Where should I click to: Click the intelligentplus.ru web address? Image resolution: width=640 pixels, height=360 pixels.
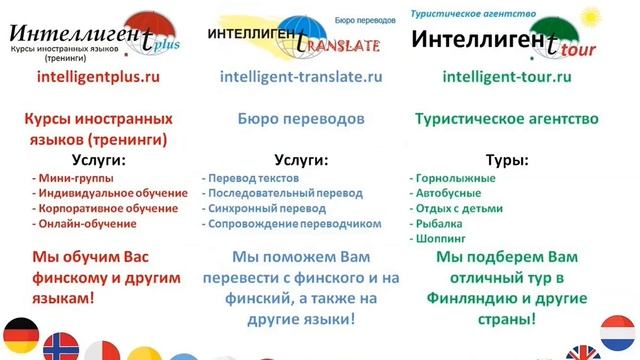(97, 75)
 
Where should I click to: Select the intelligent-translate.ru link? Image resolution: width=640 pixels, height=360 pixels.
(301, 75)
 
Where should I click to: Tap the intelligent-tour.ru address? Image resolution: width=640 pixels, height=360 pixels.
(506, 75)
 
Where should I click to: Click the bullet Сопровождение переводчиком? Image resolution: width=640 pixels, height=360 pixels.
(293, 223)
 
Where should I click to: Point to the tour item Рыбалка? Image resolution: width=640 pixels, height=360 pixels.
(440, 223)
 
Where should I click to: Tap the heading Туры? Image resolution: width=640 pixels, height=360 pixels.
(507, 159)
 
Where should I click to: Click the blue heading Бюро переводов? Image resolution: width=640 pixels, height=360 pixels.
(301, 118)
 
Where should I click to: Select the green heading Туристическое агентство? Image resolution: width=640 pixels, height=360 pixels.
(507, 118)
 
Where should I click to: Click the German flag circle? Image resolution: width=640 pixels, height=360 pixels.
(20, 332)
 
